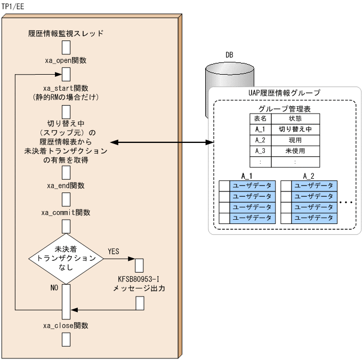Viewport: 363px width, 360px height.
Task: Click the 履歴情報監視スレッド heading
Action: (x=66, y=34)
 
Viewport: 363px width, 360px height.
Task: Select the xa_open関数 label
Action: (x=66, y=60)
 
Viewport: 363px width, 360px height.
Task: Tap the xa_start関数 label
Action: (x=66, y=87)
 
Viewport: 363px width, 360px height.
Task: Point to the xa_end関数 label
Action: (x=66, y=186)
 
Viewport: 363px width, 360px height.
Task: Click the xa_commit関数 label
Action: (x=66, y=212)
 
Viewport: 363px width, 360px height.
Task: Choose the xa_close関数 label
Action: (x=66, y=325)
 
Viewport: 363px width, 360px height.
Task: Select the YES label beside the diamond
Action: (x=114, y=251)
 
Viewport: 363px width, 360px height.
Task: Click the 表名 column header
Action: (x=260, y=118)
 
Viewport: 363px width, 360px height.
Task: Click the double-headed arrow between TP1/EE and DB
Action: (x=163, y=142)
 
